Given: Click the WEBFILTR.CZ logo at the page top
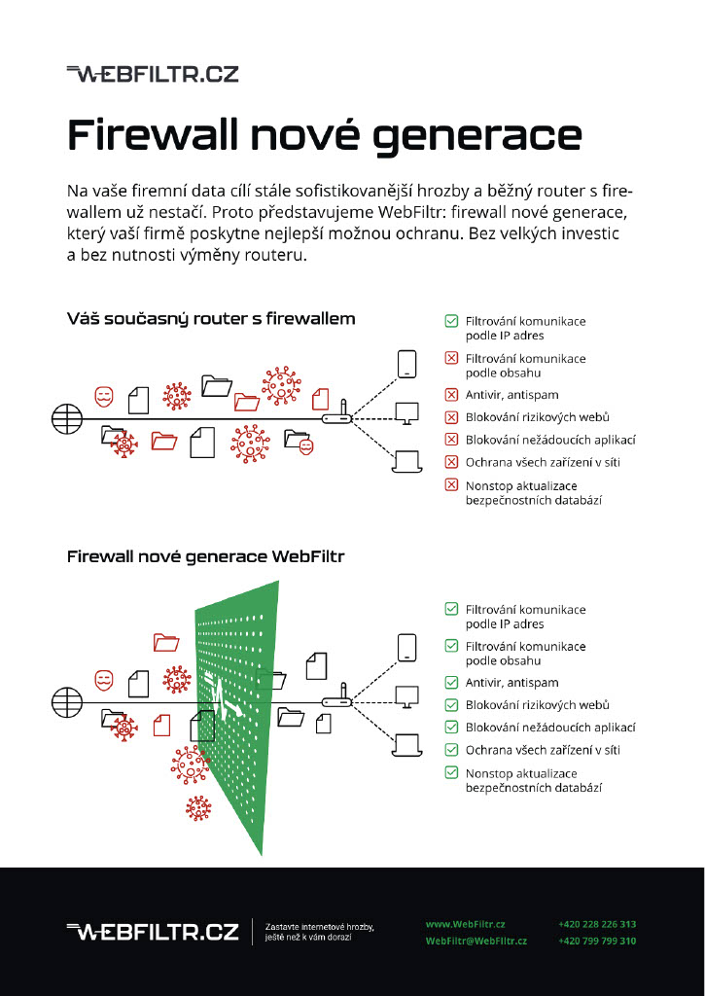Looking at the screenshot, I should (x=153, y=74).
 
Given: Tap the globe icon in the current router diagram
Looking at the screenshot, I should (x=65, y=419).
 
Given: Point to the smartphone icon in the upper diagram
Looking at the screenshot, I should (x=406, y=364).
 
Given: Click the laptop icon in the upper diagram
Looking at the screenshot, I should (x=406, y=457).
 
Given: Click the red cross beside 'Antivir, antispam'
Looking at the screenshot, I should (x=451, y=395).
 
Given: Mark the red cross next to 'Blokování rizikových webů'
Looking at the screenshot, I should (x=451, y=417).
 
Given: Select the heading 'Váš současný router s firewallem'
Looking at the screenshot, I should (x=211, y=318).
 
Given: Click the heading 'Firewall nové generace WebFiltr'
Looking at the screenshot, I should (x=205, y=557).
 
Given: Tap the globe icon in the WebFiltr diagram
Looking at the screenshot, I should (x=65, y=699).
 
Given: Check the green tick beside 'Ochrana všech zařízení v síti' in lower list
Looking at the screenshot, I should (x=451, y=750).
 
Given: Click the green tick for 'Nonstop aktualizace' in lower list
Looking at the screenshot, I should (x=451, y=772).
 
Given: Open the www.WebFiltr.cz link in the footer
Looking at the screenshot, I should (x=465, y=924).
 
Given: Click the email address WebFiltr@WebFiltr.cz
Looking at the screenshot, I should (x=476, y=942).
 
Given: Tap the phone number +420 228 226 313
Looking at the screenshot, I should (x=597, y=924).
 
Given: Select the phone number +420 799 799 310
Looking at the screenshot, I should (x=597, y=942).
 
